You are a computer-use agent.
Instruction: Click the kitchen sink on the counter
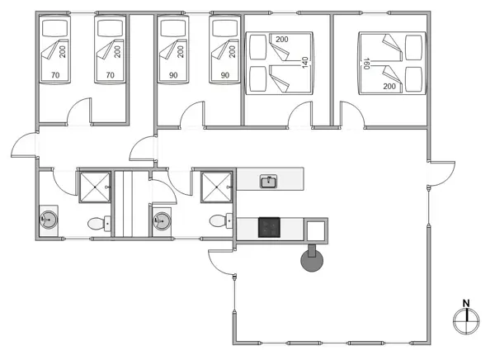(x=268, y=181)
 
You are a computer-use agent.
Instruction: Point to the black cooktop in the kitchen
(x=270, y=227)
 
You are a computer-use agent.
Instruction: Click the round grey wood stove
(x=313, y=262)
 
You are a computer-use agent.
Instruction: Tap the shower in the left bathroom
(x=94, y=186)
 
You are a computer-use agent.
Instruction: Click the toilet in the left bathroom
(x=99, y=222)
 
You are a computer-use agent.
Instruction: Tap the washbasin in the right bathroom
(x=161, y=221)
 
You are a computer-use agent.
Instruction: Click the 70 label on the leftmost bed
(x=55, y=76)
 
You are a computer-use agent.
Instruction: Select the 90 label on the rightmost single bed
(x=225, y=76)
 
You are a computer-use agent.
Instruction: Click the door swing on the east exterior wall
(x=442, y=173)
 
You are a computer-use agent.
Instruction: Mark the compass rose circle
(x=466, y=320)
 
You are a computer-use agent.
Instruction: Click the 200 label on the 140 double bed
(x=282, y=40)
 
